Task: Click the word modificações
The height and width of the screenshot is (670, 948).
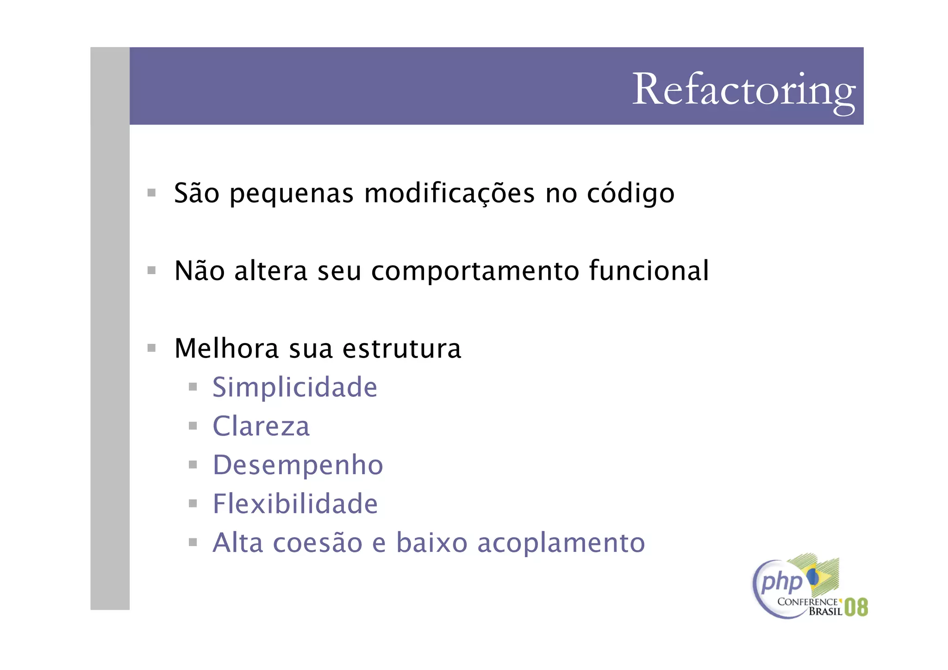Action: click(449, 194)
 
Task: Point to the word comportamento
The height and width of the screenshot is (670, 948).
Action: click(475, 272)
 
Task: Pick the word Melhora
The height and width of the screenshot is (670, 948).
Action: click(226, 348)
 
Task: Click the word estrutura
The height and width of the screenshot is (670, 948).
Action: click(402, 349)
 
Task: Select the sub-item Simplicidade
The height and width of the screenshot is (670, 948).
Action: click(295, 388)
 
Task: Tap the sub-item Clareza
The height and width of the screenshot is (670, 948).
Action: click(261, 426)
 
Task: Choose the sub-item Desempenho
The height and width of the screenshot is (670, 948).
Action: click(298, 466)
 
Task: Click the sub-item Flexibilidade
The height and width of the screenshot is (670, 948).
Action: click(295, 504)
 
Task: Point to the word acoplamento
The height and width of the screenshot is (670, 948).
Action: click(561, 544)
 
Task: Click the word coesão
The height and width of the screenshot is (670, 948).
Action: click(318, 543)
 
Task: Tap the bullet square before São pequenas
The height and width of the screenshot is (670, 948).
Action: click(151, 193)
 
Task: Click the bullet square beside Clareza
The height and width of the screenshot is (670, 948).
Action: click(193, 426)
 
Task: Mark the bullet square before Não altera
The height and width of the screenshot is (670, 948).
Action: click(151, 270)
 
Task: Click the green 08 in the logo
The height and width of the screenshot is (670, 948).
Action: click(856, 607)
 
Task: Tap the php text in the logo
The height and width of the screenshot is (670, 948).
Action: click(781, 582)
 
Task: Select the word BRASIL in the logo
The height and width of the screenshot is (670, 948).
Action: click(825, 612)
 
